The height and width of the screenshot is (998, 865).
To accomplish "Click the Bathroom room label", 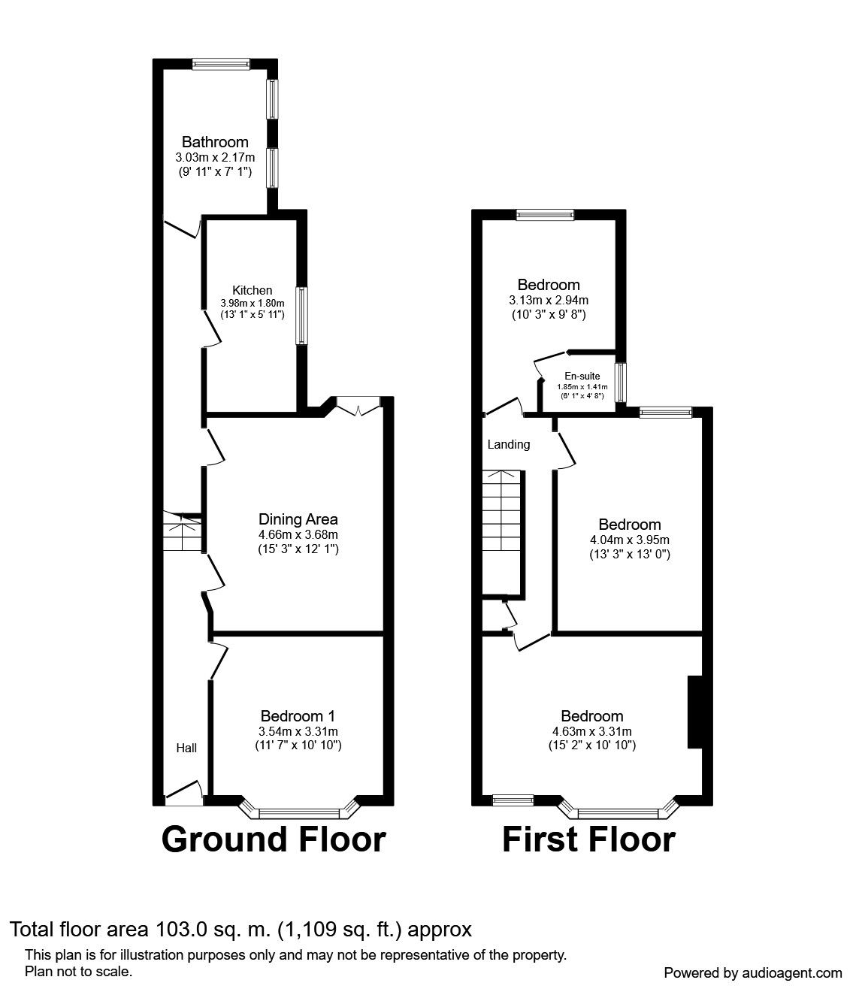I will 215,142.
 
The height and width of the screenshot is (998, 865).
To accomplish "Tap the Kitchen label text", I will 252,290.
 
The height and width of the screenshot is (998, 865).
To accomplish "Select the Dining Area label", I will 298,519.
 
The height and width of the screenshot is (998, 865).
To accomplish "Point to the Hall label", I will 186,748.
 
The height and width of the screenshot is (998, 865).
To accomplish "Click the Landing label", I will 509,444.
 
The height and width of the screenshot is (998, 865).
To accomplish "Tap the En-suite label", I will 582,376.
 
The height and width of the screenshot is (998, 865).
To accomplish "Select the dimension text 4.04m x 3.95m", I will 630,540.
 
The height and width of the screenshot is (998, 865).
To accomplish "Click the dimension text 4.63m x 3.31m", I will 592,731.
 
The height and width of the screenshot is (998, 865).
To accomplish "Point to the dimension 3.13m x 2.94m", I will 548,299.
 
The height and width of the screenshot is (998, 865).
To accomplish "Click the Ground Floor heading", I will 274,839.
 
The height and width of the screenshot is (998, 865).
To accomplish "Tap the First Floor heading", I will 588,839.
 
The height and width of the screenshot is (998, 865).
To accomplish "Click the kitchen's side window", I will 301,316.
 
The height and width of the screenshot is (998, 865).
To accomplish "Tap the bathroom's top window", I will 220,65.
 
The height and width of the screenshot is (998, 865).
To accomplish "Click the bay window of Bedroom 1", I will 298,812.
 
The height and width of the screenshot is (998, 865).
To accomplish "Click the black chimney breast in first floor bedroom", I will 694,712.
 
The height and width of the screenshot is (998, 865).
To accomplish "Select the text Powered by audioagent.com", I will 753,972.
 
